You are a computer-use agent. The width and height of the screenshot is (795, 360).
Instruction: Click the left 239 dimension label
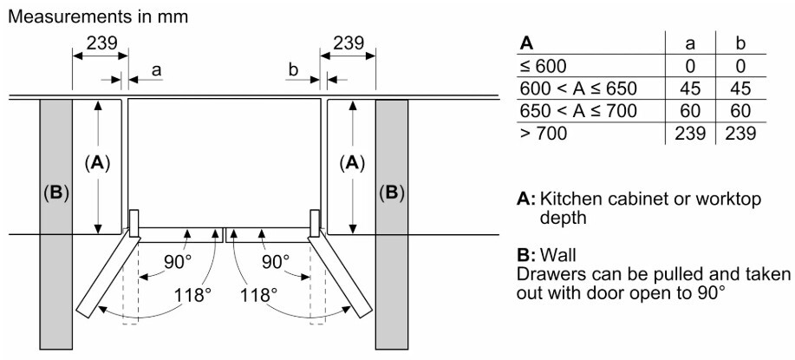pos(101,43)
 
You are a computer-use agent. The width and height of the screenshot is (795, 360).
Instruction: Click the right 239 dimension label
pos(349,43)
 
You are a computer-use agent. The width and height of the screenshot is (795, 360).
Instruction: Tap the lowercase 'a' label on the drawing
pos(157,71)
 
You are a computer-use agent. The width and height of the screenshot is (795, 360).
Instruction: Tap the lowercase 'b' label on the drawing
pos(294,71)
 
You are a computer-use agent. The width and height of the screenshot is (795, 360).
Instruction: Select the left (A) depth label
pos(97,163)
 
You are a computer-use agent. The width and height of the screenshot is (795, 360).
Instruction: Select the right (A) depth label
pos(351,163)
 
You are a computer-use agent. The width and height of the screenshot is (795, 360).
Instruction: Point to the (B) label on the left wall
pos(55,193)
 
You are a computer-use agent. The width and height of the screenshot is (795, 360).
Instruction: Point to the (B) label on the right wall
pos(391,193)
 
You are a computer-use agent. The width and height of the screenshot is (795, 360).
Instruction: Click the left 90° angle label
pos(178,262)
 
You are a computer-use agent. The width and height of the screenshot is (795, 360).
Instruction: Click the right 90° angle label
pos(276,262)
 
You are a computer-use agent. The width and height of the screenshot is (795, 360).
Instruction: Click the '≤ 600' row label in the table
pos(543,67)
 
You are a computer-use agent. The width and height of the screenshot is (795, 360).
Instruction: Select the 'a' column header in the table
pos(690,44)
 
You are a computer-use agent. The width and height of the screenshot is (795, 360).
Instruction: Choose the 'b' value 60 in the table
pos(740,110)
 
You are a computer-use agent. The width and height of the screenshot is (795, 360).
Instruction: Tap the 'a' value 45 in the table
pos(690,88)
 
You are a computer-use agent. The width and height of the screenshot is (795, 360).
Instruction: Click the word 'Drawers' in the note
pos(546,275)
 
